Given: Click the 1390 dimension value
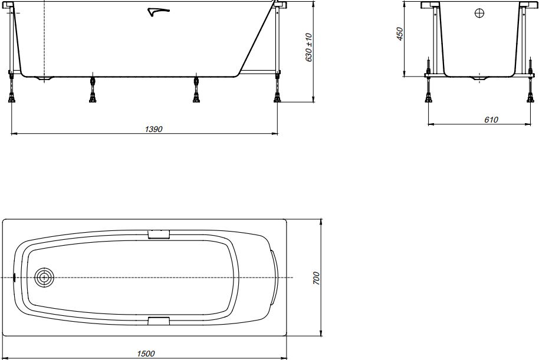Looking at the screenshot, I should (153, 129).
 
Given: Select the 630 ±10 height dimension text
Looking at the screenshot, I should (308, 48).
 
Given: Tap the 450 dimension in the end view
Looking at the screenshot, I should (399, 34).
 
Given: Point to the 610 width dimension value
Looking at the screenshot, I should (491, 120).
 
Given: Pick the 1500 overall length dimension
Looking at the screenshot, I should (146, 353).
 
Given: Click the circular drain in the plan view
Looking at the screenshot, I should (44, 277).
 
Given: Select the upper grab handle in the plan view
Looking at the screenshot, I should (159, 234).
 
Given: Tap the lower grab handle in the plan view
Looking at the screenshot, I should (159, 320).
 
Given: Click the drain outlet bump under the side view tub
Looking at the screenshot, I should (44, 78).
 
